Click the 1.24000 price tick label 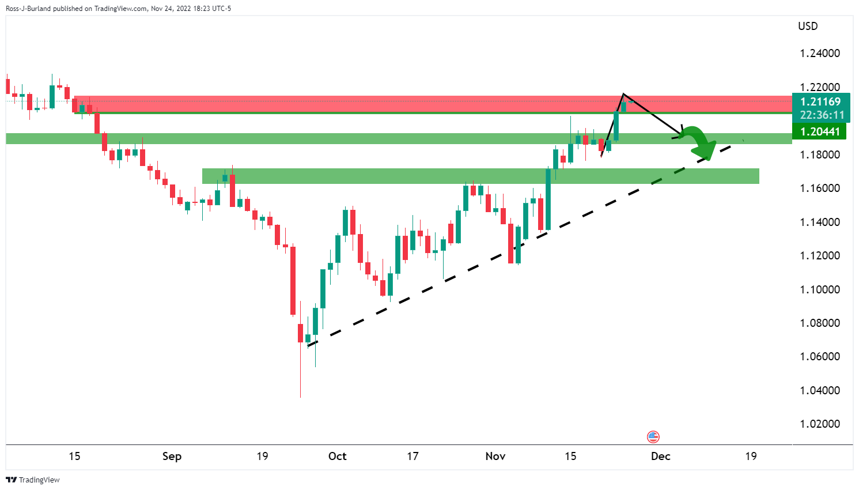click(x=820, y=54)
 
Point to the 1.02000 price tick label click(x=820, y=424)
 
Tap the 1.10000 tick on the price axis click(x=820, y=289)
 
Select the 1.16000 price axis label click(x=820, y=189)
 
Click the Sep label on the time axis click(x=172, y=456)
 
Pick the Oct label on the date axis click(x=337, y=456)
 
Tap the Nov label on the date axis click(x=495, y=456)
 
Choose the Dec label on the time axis click(x=660, y=456)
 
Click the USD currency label click(x=808, y=26)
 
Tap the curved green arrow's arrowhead click(x=706, y=152)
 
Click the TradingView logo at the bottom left click(x=33, y=480)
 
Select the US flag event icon click(x=653, y=436)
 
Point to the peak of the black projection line click(x=623, y=94)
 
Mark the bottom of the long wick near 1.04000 click(x=300, y=397)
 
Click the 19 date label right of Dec click(x=751, y=456)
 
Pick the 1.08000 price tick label click(x=820, y=323)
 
